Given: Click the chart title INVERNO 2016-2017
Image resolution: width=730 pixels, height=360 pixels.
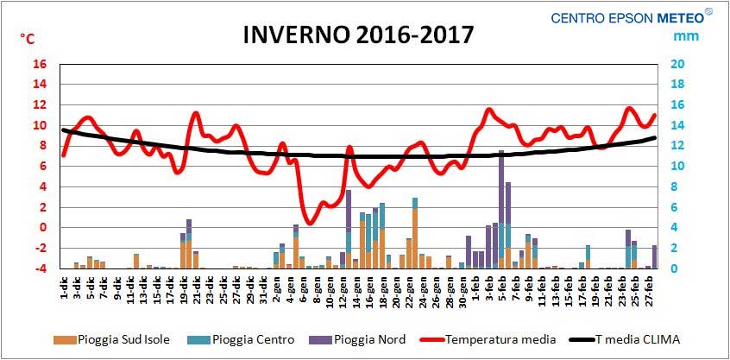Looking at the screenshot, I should [x=358, y=35].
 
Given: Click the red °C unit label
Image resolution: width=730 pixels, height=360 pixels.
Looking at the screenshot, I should [x=28, y=38].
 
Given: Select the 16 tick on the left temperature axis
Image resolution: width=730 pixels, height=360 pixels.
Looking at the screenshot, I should [x=40, y=64].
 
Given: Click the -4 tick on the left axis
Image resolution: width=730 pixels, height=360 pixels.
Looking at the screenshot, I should [x=41, y=268].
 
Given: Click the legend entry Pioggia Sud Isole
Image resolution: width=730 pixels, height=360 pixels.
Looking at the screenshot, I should [x=111, y=339].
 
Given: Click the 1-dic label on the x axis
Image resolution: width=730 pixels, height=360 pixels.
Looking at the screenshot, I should [x=65, y=285].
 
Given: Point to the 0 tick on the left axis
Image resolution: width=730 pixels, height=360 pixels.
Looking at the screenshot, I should [x=43, y=228].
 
